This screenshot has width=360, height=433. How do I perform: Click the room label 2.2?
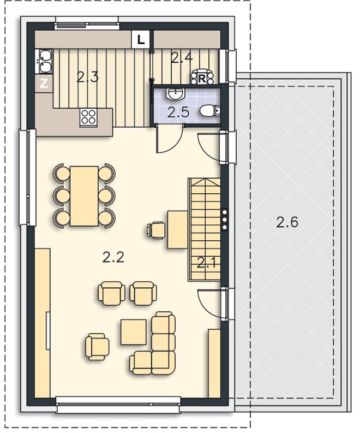click(x=113, y=257)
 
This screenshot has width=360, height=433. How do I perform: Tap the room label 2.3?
click(x=87, y=77)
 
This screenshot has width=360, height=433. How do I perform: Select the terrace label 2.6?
click(x=287, y=222)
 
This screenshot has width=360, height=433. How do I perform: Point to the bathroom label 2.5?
click(x=178, y=112)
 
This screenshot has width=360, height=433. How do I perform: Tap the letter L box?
click(x=141, y=40)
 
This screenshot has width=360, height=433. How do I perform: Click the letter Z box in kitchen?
click(x=44, y=84)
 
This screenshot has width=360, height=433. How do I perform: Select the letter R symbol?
click(x=202, y=79)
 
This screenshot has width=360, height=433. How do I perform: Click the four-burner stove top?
click(x=88, y=117)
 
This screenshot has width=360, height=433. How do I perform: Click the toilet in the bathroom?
click(x=209, y=111)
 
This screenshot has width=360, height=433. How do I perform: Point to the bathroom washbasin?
click(x=176, y=94)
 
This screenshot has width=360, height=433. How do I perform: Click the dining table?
click(x=84, y=196)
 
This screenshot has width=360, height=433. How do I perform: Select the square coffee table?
click(x=134, y=332)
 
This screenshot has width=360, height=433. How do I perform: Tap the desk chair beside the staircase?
click(x=157, y=230)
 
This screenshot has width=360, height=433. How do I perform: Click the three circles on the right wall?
click(x=225, y=220)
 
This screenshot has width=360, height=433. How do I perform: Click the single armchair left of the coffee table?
click(x=97, y=347)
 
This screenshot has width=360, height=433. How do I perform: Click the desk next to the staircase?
click(x=178, y=230)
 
